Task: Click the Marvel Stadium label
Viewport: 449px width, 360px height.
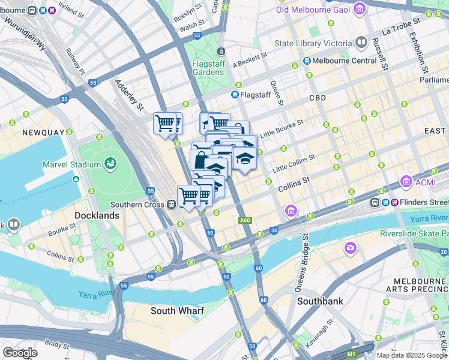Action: point(71,164)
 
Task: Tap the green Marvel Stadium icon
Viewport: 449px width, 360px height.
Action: point(110,163)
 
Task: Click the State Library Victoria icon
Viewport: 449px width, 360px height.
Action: point(361,43)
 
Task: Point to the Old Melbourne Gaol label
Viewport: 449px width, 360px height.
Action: point(313,9)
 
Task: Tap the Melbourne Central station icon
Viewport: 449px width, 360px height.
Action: point(307,61)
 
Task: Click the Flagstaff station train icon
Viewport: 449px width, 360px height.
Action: point(235,95)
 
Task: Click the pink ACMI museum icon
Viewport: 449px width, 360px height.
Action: point(406,181)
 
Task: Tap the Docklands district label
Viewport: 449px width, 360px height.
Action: point(97,215)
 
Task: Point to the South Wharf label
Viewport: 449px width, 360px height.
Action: point(177,310)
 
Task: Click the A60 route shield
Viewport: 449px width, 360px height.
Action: point(244,221)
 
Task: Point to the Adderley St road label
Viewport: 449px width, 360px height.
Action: point(130,95)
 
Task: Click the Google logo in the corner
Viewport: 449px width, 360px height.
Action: point(20,353)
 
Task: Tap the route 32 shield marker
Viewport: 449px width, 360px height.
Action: point(64,98)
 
